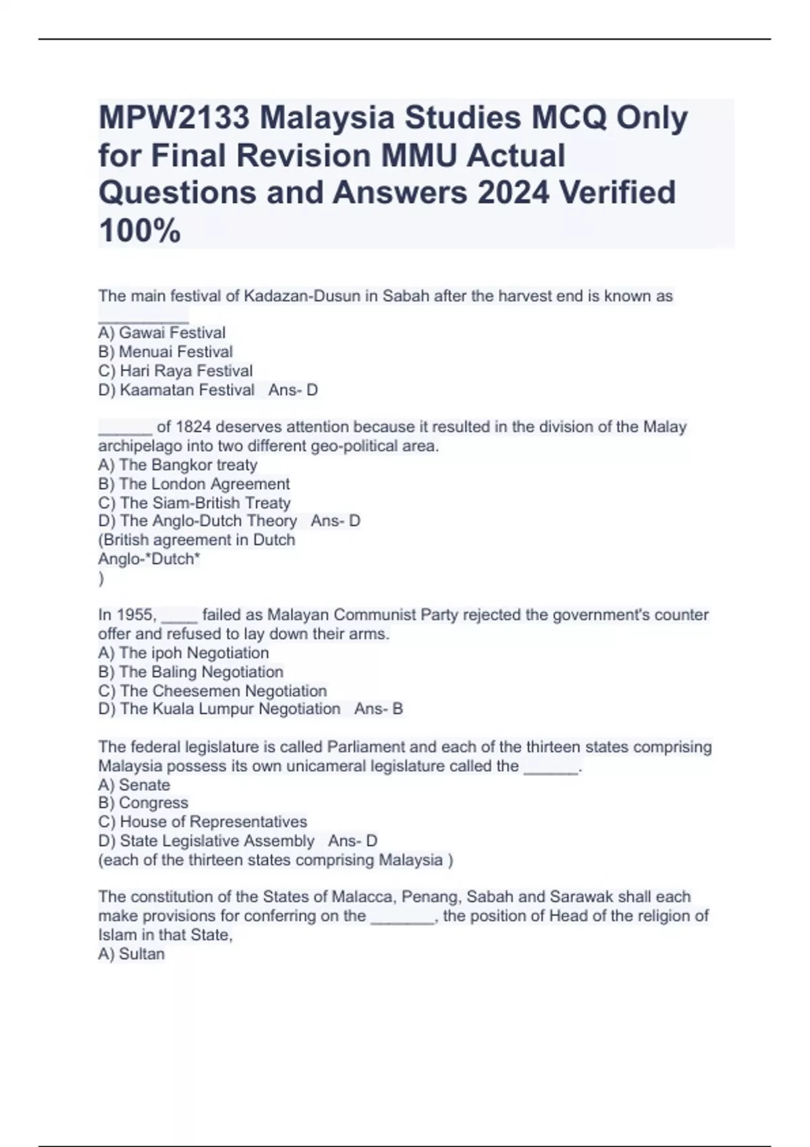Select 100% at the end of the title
(140, 231)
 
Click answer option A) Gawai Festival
(162, 333)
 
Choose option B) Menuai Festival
(165, 352)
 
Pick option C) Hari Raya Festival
(175, 370)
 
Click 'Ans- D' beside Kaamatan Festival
(293, 390)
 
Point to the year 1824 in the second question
(193, 427)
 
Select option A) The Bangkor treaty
(178, 465)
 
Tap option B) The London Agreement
(194, 484)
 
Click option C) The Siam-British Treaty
(194, 503)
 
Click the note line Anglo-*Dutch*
(149, 559)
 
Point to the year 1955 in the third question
(137, 615)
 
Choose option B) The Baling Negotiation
(191, 672)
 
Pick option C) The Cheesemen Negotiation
(213, 691)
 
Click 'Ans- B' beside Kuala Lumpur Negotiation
(379, 709)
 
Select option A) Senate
(134, 785)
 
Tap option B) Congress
(143, 803)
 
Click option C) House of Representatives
(202, 822)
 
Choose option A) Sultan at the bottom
(132, 954)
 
